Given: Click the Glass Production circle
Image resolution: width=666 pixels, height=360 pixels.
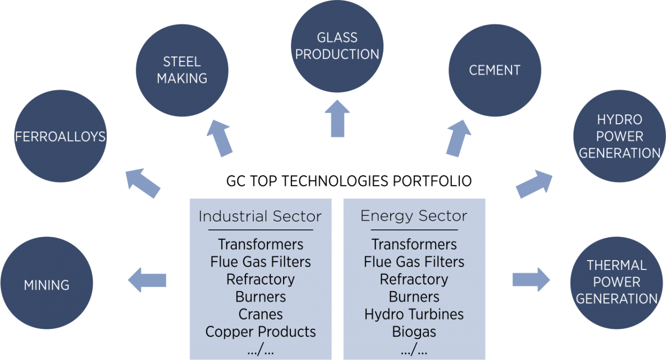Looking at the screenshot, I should tap(337, 46).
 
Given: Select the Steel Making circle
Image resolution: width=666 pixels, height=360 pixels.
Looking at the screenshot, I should tap(182, 70).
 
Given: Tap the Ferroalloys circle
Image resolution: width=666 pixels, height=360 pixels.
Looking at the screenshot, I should tap(60, 136).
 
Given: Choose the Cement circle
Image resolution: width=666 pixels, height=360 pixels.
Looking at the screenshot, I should tap(495, 70).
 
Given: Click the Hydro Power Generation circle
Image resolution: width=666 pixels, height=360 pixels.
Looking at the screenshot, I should tap(619, 136).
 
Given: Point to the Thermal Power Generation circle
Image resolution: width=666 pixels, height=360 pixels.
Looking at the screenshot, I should tap(617, 282).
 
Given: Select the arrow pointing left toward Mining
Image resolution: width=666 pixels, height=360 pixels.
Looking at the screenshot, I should tap(147, 280).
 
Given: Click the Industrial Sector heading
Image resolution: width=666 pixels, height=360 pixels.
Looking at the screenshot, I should tap(260, 216).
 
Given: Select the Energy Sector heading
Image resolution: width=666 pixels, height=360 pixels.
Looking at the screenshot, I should tap(414, 216).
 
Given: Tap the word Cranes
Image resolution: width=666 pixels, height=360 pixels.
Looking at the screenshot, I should tap(260, 314).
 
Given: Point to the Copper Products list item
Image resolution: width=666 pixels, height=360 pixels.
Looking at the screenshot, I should tap(260, 332).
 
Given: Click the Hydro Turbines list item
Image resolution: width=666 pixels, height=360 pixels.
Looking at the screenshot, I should tap(414, 314).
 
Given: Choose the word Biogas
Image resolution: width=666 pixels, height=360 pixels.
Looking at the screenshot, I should tap(414, 332).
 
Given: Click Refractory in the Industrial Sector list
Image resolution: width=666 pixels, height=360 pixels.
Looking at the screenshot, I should tap(260, 279).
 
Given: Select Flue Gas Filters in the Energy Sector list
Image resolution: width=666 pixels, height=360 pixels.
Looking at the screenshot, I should tap(414, 262).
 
